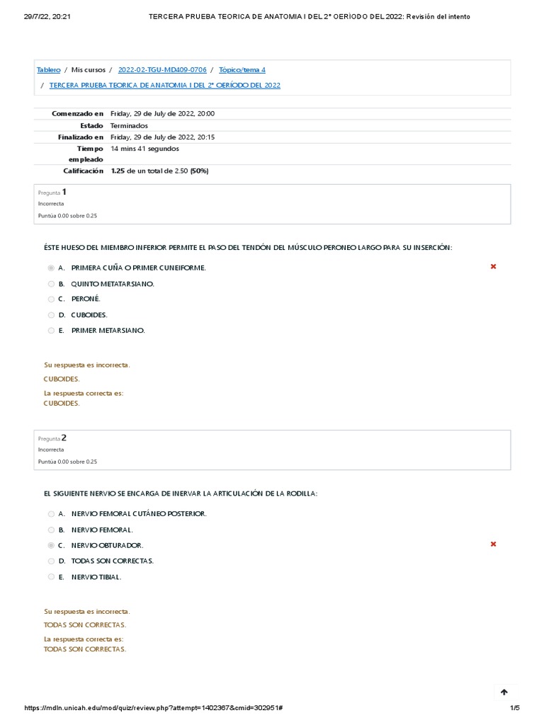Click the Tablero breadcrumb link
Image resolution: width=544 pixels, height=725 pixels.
pos(48,70)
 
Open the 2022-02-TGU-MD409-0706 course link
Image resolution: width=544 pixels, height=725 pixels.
pos(162,70)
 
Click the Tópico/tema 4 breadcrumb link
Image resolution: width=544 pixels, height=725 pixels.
pos(242,70)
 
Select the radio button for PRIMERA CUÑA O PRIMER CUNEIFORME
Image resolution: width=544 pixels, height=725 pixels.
pos(51,268)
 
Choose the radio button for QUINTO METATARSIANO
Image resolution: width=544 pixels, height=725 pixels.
pos(51,284)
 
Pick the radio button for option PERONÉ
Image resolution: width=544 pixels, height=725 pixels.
pos(51,299)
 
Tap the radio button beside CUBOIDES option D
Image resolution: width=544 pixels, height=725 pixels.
pos(51,315)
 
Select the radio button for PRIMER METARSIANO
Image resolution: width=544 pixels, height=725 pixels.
pos(51,331)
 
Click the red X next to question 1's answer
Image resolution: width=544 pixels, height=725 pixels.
pos(493,267)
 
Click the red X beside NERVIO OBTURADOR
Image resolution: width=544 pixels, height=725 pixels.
pos(493,544)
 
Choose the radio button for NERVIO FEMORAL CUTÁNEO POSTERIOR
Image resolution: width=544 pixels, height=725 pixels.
pos(51,514)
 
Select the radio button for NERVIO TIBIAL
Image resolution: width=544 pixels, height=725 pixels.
pos(51,577)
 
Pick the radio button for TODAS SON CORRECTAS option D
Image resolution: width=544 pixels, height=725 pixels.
pos(51,561)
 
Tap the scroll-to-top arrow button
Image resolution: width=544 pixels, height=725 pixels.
pos(504,692)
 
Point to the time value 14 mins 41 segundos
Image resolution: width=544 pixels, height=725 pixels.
pos(144,149)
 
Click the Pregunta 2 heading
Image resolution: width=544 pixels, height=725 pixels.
pos(52,438)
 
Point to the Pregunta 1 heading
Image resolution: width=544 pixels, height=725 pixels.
pos(52,192)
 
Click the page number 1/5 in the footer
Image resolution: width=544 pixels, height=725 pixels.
pos(515,709)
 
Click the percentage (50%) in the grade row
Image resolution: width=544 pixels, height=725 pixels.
pos(198,171)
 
